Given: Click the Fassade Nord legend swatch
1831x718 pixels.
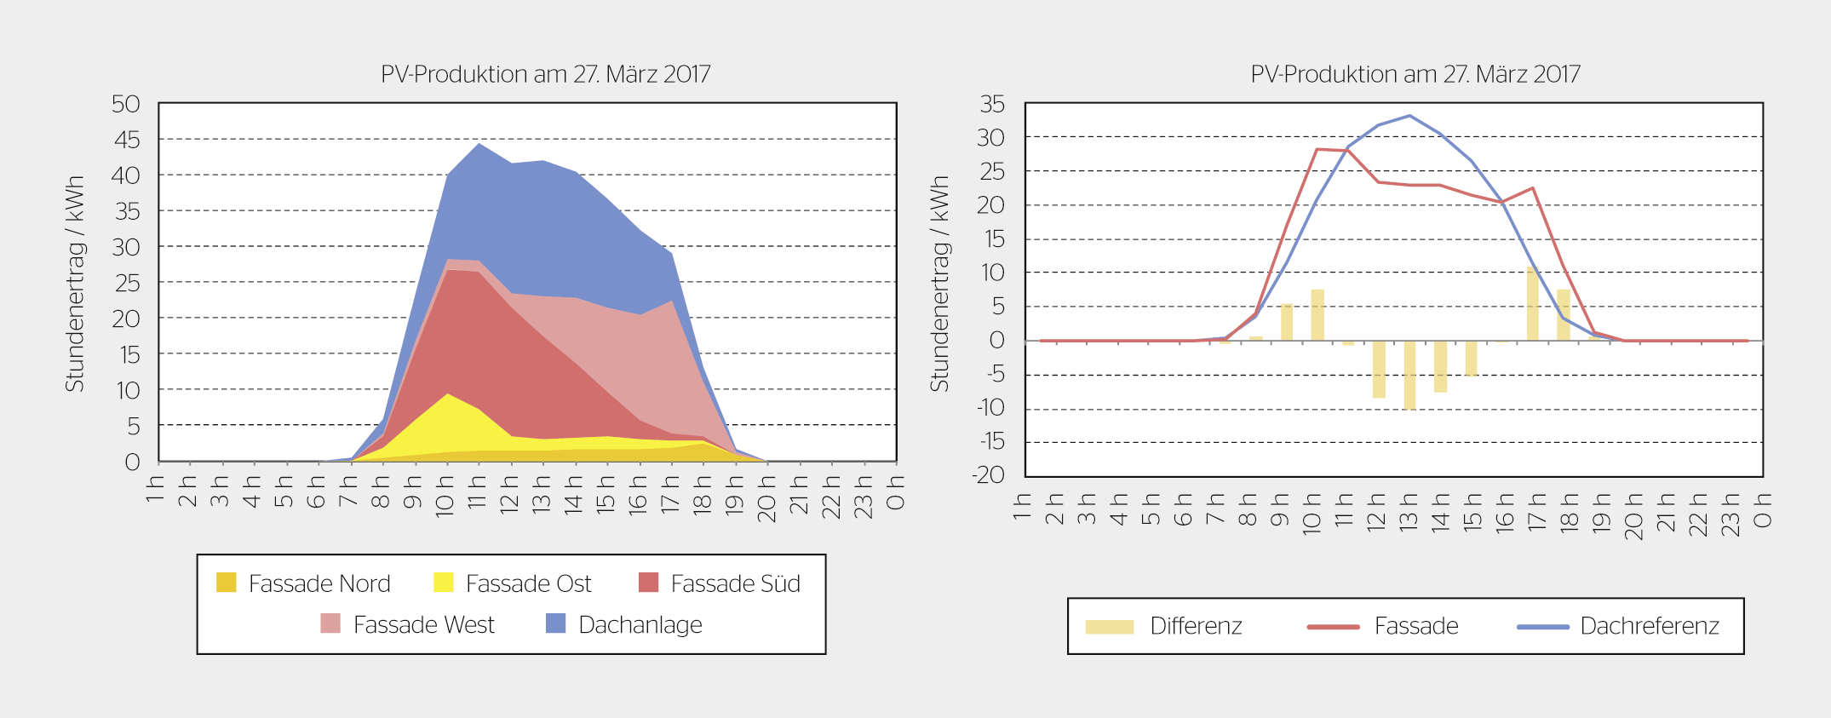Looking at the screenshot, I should (x=226, y=583).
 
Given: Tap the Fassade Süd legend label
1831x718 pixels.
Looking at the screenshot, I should (x=735, y=583).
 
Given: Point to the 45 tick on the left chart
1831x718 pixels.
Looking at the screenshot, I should (x=126, y=140).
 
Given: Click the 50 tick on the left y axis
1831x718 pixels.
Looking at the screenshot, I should (x=126, y=104).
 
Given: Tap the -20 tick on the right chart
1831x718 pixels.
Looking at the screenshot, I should (x=990, y=475).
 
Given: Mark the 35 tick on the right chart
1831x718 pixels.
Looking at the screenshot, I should (x=992, y=104).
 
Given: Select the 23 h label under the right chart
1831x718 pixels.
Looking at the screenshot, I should (x=1730, y=513).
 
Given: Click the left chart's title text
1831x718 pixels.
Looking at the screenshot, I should (x=545, y=74).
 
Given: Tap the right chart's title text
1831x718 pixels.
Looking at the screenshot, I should (x=1415, y=74).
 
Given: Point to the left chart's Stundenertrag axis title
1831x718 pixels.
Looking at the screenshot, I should (x=75, y=284).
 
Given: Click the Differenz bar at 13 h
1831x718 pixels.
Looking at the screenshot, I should (x=1409, y=375).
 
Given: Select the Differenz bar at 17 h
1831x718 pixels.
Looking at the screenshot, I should (x=1532, y=304).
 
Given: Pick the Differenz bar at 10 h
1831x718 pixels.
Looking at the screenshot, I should (x=1317, y=315).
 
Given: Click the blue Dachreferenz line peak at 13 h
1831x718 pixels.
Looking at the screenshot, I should (x=1409, y=116).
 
